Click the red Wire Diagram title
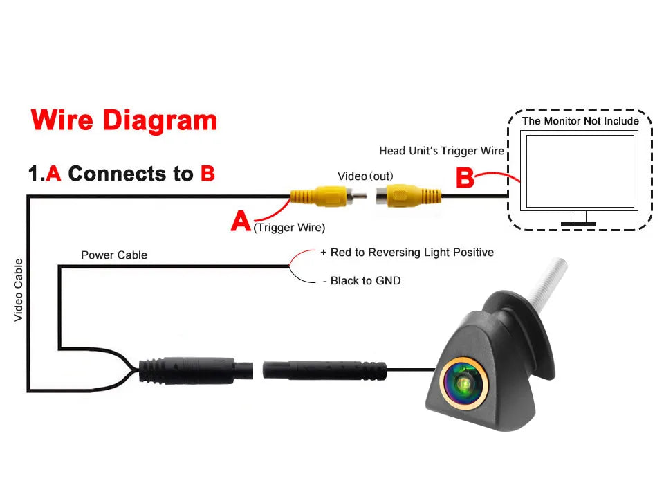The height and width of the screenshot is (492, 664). coord(124,120)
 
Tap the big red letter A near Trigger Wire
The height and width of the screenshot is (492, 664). coord(241,221)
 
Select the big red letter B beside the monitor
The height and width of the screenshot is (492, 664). coord(465,178)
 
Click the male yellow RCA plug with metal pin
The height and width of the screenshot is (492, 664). coord(328,197)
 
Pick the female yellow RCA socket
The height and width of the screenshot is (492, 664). coord(408,196)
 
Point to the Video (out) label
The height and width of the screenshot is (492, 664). coord(365,176)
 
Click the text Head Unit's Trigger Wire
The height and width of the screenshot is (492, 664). coord(441,151)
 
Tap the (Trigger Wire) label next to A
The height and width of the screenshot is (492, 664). coord(289,228)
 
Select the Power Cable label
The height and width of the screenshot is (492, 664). coord(114,255)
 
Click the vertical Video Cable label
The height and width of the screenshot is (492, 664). coord(18,290)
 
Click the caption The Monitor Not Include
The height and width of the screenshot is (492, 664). coord(580,121)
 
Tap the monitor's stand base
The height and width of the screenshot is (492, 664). coord(578,224)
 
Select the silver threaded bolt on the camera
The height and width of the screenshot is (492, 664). coord(548,282)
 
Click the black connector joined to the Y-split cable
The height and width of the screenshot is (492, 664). coord(196,370)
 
